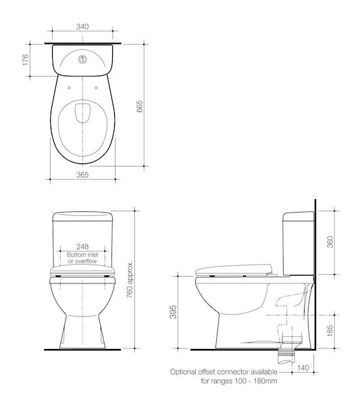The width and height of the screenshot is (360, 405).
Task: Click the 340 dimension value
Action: (x=82, y=26)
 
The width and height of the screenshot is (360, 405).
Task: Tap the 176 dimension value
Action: (x=25, y=60)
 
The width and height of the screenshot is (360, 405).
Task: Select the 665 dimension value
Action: (x=139, y=106)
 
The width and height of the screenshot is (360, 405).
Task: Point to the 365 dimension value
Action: (x=82, y=175)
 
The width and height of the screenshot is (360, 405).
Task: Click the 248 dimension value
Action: (x=82, y=246)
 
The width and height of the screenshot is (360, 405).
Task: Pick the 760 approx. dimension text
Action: (x=130, y=279)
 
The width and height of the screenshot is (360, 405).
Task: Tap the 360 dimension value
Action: (x=330, y=242)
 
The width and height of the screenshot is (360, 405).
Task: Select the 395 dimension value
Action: (x=173, y=312)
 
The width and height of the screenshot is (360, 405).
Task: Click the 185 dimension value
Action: (x=330, y=331)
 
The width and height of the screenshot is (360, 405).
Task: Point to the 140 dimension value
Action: (x=303, y=368)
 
